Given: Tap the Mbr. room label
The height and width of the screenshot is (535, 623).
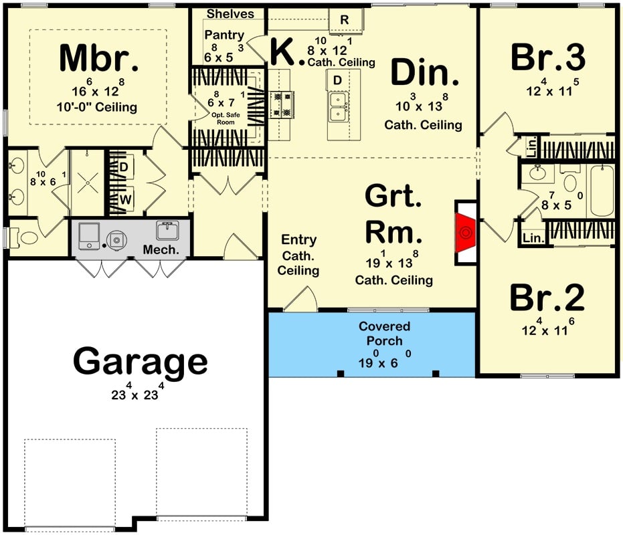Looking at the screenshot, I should click(x=99, y=59).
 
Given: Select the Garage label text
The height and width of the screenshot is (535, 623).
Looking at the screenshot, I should click(x=141, y=362).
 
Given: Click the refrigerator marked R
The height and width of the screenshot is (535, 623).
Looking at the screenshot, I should click(x=345, y=21).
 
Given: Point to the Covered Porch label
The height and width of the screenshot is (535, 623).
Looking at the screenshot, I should click(x=384, y=334).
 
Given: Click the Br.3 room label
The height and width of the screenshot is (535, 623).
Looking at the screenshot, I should click(x=547, y=58).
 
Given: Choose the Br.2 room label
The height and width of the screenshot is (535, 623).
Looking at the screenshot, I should click(x=547, y=298).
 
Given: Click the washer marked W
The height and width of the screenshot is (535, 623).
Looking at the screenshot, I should click(x=124, y=199).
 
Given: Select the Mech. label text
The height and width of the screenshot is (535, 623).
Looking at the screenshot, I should click(x=161, y=250).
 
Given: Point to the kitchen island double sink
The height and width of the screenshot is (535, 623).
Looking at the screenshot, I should click(x=339, y=106).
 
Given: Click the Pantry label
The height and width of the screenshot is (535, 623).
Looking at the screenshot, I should click(x=224, y=35).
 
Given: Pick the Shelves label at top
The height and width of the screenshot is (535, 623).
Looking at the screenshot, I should click(x=230, y=13).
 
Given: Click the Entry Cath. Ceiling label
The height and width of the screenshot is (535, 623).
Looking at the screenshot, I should click(x=298, y=255).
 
